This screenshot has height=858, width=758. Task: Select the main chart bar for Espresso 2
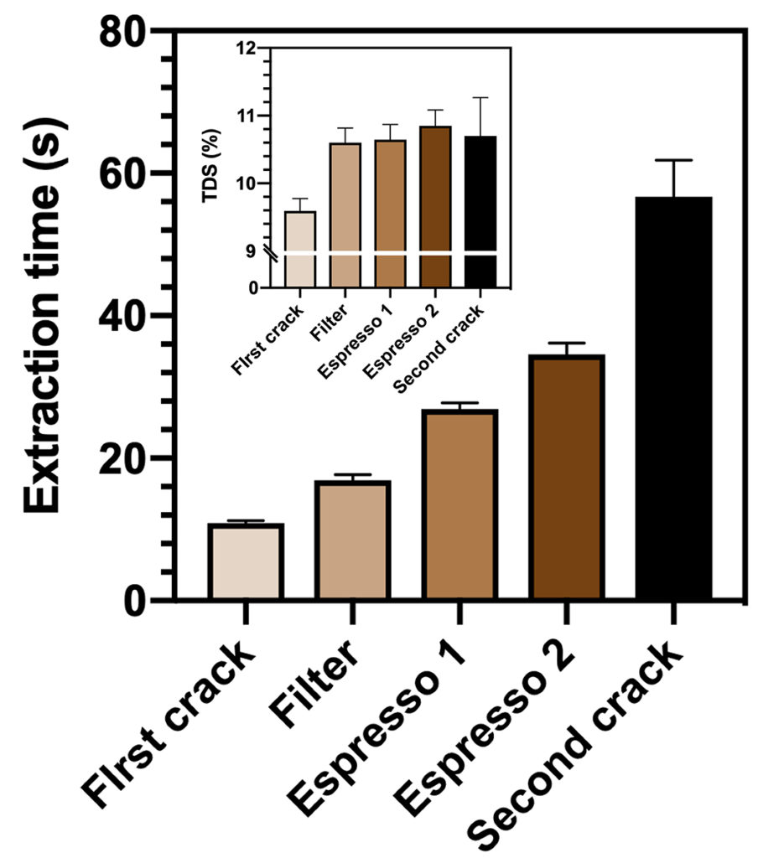point(566,478)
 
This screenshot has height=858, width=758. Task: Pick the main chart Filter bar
point(352,540)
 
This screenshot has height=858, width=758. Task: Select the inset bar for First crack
point(299,249)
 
